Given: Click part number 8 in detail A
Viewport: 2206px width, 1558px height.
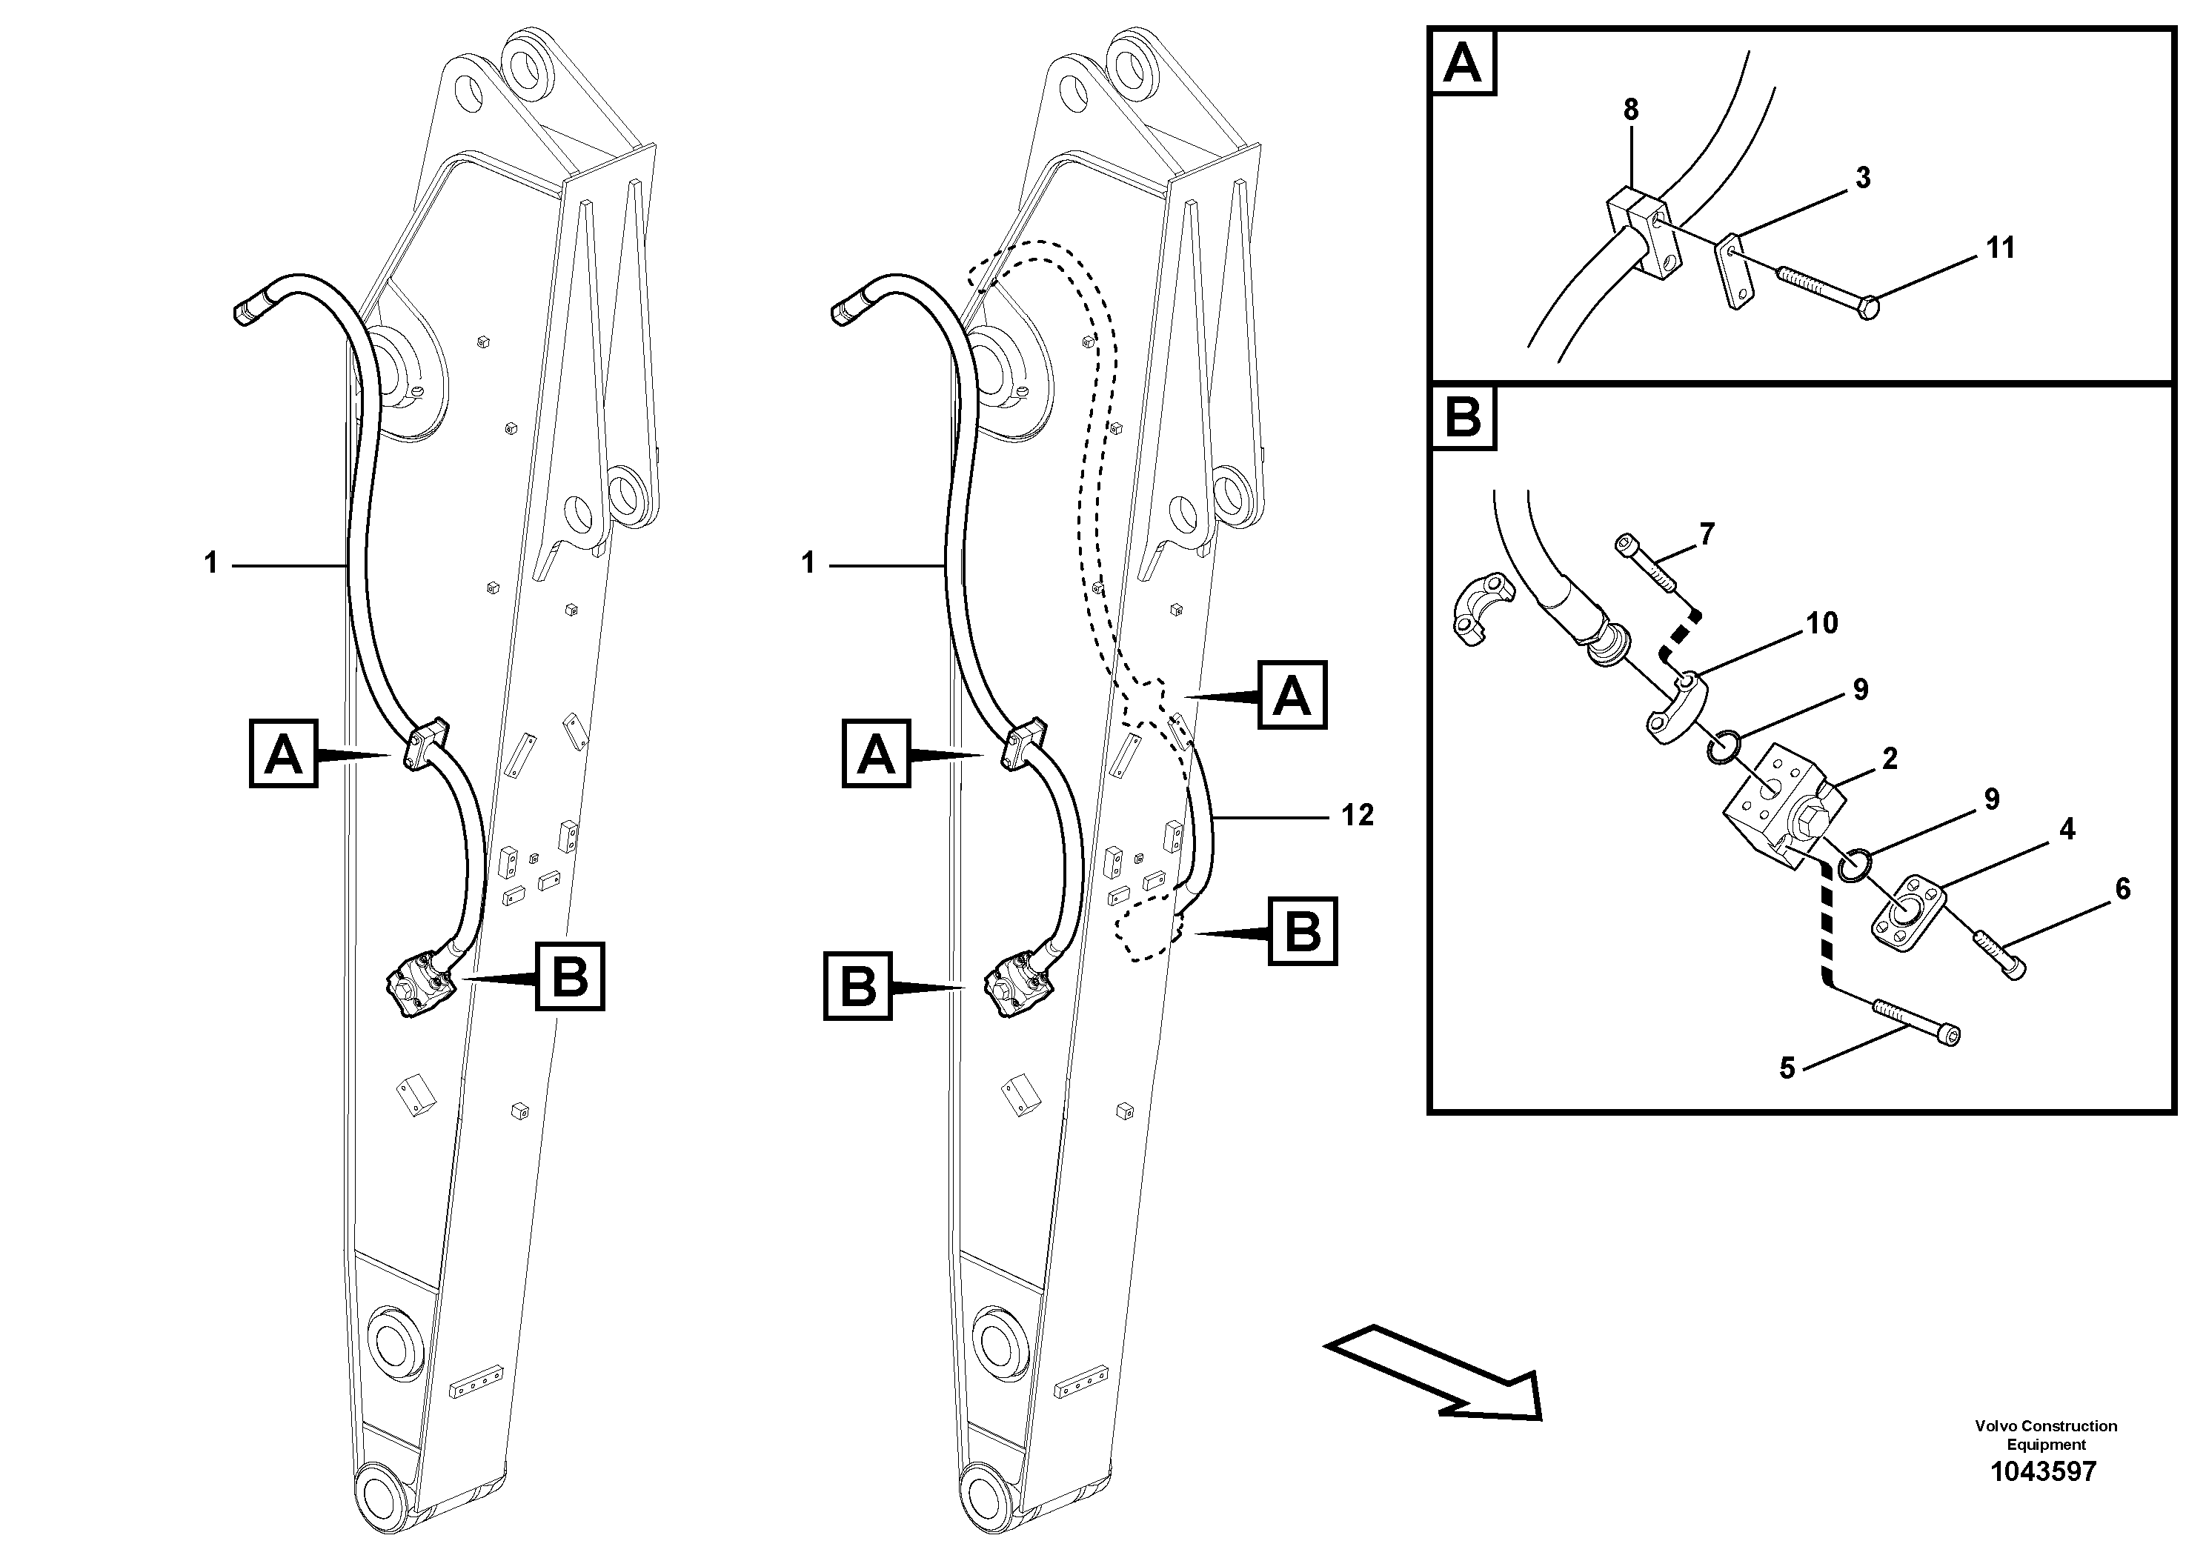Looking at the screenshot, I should pos(1630,110).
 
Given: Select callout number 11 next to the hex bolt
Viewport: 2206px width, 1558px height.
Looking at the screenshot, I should pos(2001,248).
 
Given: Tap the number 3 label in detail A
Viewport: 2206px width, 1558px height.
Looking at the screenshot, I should pos(1863,178).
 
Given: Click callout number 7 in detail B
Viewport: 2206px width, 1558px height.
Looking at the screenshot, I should pos(1707,535).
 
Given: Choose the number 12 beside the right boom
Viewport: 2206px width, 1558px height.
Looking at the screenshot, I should pos(1358,816).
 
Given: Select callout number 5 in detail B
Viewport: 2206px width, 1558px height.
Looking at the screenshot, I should pos(1787,1068).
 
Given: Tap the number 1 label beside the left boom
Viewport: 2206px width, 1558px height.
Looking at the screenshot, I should pos(211,563).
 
